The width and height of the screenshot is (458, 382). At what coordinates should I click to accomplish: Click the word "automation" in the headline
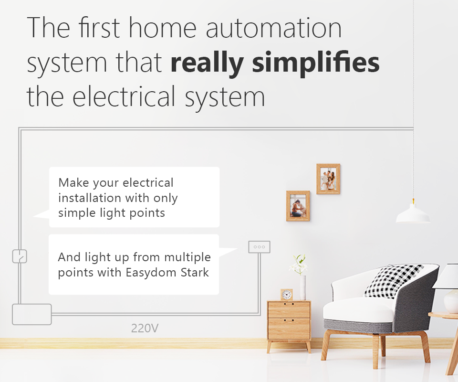[274, 28]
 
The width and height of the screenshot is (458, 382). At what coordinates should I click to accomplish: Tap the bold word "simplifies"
[316, 63]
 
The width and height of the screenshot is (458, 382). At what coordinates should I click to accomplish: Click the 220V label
[145, 328]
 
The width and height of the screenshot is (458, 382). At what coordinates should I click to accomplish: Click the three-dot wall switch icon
[259, 247]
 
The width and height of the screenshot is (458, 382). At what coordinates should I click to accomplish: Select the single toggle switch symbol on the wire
[20, 256]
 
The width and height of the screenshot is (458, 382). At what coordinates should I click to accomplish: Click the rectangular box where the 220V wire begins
[32, 314]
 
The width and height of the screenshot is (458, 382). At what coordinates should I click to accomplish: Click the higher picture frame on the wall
[328, 179]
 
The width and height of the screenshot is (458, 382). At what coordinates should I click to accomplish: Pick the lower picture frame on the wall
[298, 206]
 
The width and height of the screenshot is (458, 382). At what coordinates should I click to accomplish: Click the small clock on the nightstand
[287, 295]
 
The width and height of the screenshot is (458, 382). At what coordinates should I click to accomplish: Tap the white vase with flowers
[303, 287]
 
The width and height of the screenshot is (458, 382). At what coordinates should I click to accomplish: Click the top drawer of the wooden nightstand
[289, 309]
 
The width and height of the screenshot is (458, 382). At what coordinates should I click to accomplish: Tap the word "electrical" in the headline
[124, 96]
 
